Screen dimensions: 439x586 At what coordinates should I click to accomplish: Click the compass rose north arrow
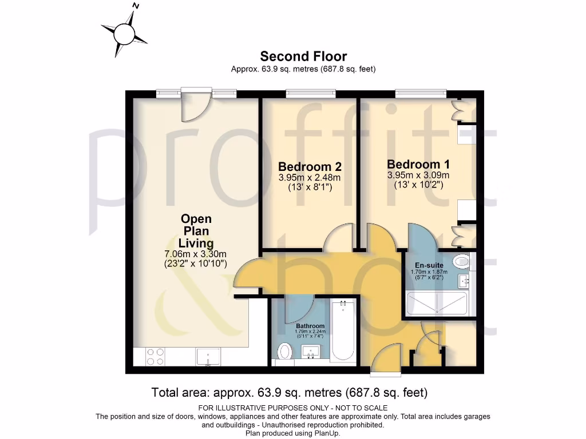(124, 33)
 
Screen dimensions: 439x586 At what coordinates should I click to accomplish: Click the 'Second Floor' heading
(303, 56)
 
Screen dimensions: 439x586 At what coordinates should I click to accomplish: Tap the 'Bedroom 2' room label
(310, 167)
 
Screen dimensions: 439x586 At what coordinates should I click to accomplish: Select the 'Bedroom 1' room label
(418, 164)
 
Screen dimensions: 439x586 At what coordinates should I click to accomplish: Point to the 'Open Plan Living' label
(196, 231)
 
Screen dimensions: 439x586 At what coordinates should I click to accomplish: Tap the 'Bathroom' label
(310, 326)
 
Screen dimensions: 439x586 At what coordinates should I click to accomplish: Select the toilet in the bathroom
(284, 352)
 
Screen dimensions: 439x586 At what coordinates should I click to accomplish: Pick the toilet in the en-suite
(460, 262)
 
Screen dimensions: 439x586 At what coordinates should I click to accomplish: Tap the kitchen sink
(208, 357)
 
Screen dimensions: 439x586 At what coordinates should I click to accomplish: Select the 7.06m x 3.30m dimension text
(196, 254)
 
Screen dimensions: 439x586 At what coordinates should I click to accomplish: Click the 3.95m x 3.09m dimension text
(418, 175)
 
